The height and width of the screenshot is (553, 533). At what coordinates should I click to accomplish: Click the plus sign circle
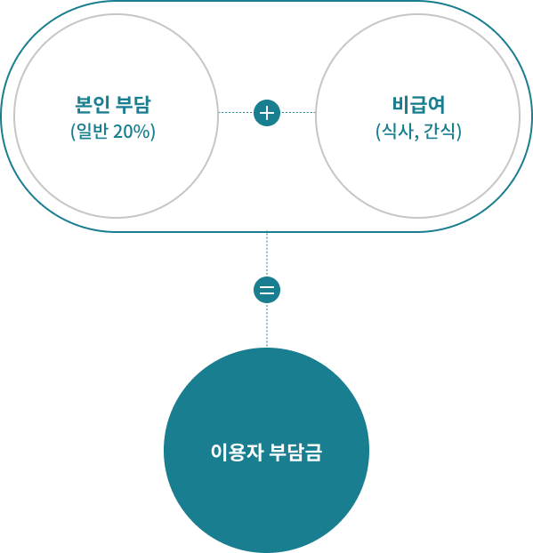(267, 113)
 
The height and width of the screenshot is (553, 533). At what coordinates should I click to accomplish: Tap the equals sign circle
(267, 290)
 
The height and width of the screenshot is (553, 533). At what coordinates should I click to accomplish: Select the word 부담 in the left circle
(133, 105)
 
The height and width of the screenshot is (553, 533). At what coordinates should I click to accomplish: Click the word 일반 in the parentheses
(93, 132)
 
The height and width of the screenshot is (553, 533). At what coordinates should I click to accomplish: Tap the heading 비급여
(418, 105)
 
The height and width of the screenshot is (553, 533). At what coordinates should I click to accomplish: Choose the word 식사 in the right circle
(398, 132)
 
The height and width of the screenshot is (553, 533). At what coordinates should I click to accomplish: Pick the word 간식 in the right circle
(440, 132)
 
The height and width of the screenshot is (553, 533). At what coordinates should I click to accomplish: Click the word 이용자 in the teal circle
(237, 452)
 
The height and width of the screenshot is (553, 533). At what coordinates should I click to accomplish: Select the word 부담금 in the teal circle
(295, 452)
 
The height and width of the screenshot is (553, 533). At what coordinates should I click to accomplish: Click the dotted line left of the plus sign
(236, 113)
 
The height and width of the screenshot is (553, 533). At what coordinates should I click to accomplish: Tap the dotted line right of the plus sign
(298, 113)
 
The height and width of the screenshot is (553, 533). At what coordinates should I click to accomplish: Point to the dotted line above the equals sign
(267, 254)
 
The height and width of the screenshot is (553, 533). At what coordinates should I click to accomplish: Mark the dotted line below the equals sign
(267, 325)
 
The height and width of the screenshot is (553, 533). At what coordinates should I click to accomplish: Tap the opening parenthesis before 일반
(73, 132)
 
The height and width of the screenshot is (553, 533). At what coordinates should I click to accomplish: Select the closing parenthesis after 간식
(459, 132)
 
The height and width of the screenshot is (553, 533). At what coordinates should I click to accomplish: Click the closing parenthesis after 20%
(153, 132)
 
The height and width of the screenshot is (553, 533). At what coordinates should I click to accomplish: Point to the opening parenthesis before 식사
(378, 132)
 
